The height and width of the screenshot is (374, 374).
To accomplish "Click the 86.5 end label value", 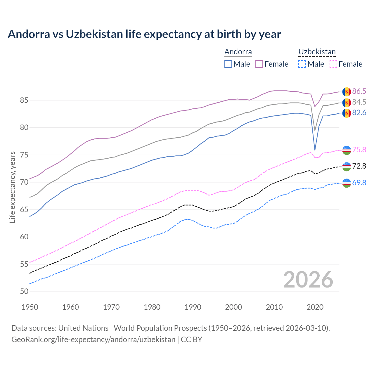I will point(359,91).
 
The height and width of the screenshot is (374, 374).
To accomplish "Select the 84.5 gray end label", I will point(359,102).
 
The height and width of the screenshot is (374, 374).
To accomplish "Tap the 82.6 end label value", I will point(359,112).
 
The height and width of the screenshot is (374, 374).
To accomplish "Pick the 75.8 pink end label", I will point(359,150).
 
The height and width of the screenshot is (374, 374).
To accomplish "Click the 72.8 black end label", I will point(359,166).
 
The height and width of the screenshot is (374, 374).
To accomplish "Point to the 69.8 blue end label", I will point(359,183).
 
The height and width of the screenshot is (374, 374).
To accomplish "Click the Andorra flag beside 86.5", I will point(347,91).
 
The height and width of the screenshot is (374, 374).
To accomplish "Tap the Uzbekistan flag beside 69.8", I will point(347,183).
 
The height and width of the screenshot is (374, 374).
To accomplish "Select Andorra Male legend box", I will point(228,64).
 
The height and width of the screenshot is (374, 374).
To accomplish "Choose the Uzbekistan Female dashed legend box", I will point(333,64).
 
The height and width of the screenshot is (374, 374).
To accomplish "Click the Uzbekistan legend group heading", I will point(317,52).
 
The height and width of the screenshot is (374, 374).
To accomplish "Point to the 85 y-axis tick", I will point(24,100).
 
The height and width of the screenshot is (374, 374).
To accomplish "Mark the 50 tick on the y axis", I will point(24,291).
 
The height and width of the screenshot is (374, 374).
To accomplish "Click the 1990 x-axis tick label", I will point(193,307).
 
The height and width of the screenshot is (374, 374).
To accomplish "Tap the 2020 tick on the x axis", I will point(315,307).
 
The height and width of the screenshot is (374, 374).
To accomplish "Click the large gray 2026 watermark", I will point(308,280).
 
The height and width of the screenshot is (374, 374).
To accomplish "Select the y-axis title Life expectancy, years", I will point(12,187).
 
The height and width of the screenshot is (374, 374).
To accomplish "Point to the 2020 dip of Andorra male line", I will point(315,150).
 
